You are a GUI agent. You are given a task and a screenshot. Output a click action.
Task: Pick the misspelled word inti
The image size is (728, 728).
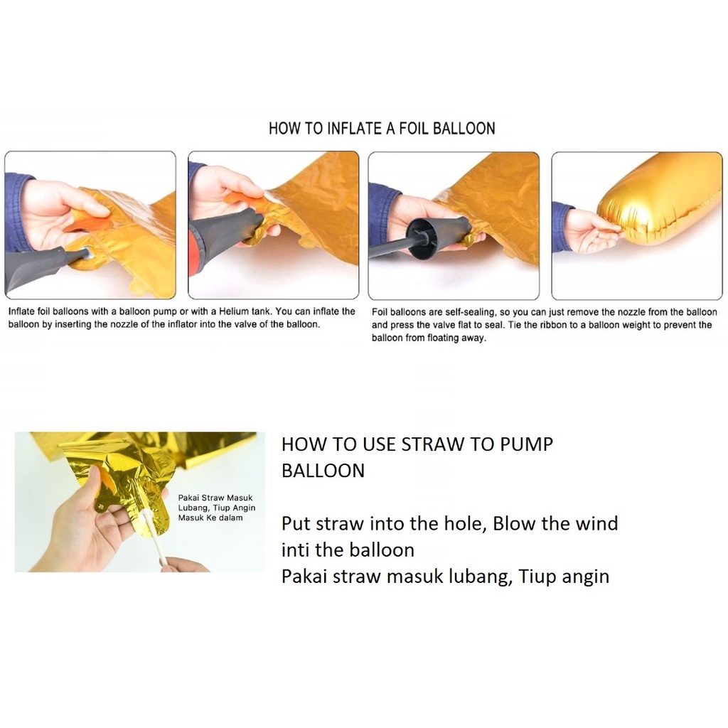point(295,550)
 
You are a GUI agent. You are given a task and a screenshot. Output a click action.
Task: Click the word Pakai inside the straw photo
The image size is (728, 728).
point(188,498)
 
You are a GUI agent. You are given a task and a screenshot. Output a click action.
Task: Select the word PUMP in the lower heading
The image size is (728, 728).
point(526,444)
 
